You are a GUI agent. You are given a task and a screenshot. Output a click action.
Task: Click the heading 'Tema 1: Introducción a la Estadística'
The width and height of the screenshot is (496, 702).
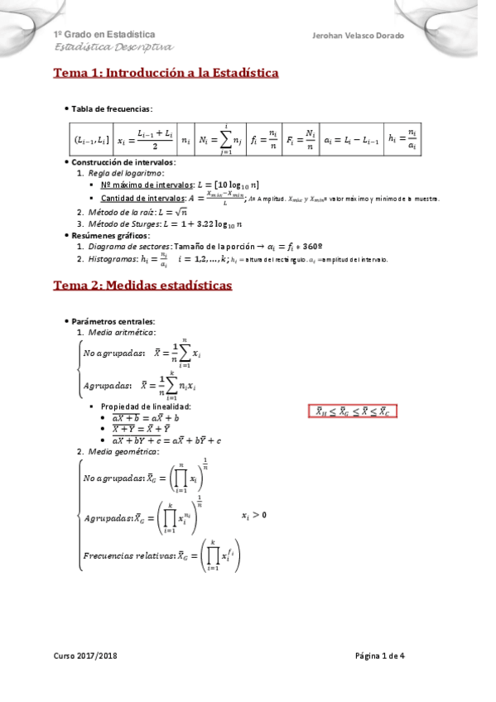click(166, 74)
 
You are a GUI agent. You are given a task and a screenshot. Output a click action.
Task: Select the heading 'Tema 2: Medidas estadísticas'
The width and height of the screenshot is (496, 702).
click(142, 286)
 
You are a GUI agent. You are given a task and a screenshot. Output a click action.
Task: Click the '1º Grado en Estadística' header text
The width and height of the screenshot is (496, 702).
click(104, 35)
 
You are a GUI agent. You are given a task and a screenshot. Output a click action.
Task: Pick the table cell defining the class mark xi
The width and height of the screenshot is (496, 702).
click(145, 138)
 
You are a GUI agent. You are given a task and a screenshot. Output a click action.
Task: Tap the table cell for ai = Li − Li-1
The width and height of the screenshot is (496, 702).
click(352, 138)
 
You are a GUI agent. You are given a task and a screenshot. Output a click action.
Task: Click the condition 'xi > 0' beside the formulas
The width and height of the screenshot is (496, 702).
click(254, 515)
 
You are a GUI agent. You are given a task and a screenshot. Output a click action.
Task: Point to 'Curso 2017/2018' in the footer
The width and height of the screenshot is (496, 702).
click(84, 656)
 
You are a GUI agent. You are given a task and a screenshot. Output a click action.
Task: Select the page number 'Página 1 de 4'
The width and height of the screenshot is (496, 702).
click(390, 656)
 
